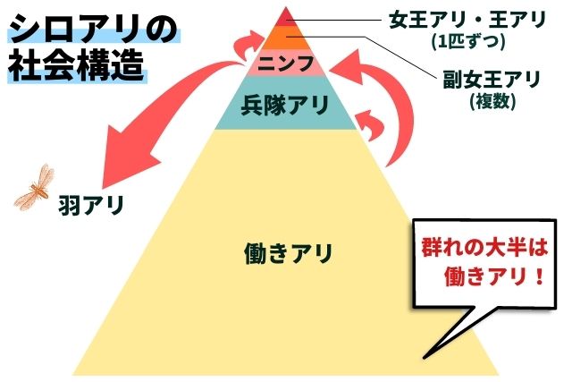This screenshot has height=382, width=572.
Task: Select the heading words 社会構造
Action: click(x=77, y=68)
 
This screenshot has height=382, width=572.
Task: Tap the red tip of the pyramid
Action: click(x=286, y=17)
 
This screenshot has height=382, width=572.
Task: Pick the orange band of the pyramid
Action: click(x=286, y=38)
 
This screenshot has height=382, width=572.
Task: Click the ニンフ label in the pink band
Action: click(x=286, y=64)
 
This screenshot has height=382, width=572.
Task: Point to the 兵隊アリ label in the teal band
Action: click(x=286, y=104)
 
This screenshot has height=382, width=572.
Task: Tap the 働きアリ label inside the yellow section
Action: click(x=288, y=253)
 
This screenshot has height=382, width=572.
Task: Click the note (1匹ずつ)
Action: click(x=468, y=40)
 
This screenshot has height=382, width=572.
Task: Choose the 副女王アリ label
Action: click(x=492, y=80)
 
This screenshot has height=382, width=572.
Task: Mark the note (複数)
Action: click(x=489, y=100)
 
